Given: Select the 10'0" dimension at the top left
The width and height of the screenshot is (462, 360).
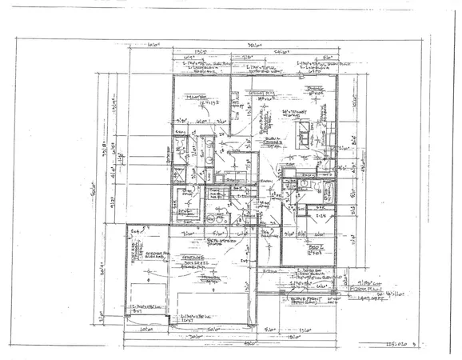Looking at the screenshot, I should pos(148,46).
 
